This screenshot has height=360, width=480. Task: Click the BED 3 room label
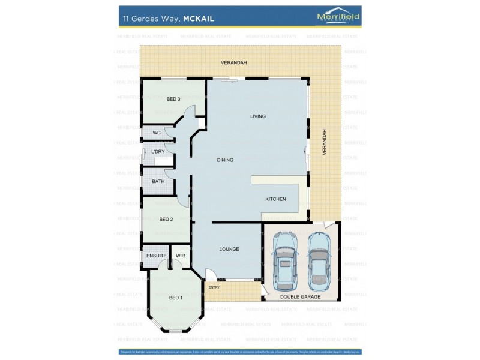click(x=173, y=99)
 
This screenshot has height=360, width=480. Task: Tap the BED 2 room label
click(x=166, y=220)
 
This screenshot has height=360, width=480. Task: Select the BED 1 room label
click(x=175, y=298)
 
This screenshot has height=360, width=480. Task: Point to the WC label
click(x=157, y=133)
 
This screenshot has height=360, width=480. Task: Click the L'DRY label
click(x=158, y=152)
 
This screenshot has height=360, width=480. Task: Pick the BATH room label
click(x=158, y=181)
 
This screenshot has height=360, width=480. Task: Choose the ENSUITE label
click(x=157, y=256)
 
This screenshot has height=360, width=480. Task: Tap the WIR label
click(x=180, y=256)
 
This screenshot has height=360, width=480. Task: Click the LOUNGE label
click(x=229, y=249)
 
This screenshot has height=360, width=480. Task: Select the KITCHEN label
click(x=275, y=199)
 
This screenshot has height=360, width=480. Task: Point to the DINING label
click(x=225, y=160)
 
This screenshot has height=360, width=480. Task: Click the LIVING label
click(x=258, y=116)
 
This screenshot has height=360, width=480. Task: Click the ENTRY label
click(x=214, y=287)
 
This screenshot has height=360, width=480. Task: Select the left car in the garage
click(x=284, y=259)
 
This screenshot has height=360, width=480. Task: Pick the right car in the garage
click(x=318, y=259)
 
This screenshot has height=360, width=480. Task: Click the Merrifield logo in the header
click(x=338, y=17)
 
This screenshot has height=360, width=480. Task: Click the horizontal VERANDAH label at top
click(x=234, y=62)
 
